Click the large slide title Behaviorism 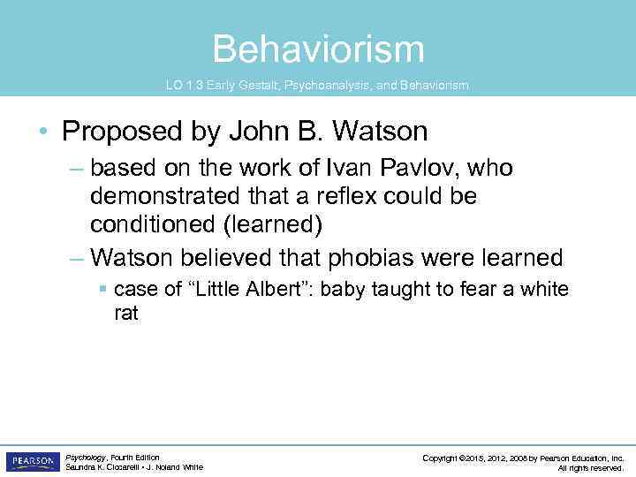pyautogui.click(x=318, y=49)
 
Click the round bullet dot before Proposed pyautogui.click(x=45, y=132)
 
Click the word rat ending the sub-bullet pyautogui.click(x=126, y=313)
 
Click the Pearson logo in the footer pyautogui.click(x=33, y=462)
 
